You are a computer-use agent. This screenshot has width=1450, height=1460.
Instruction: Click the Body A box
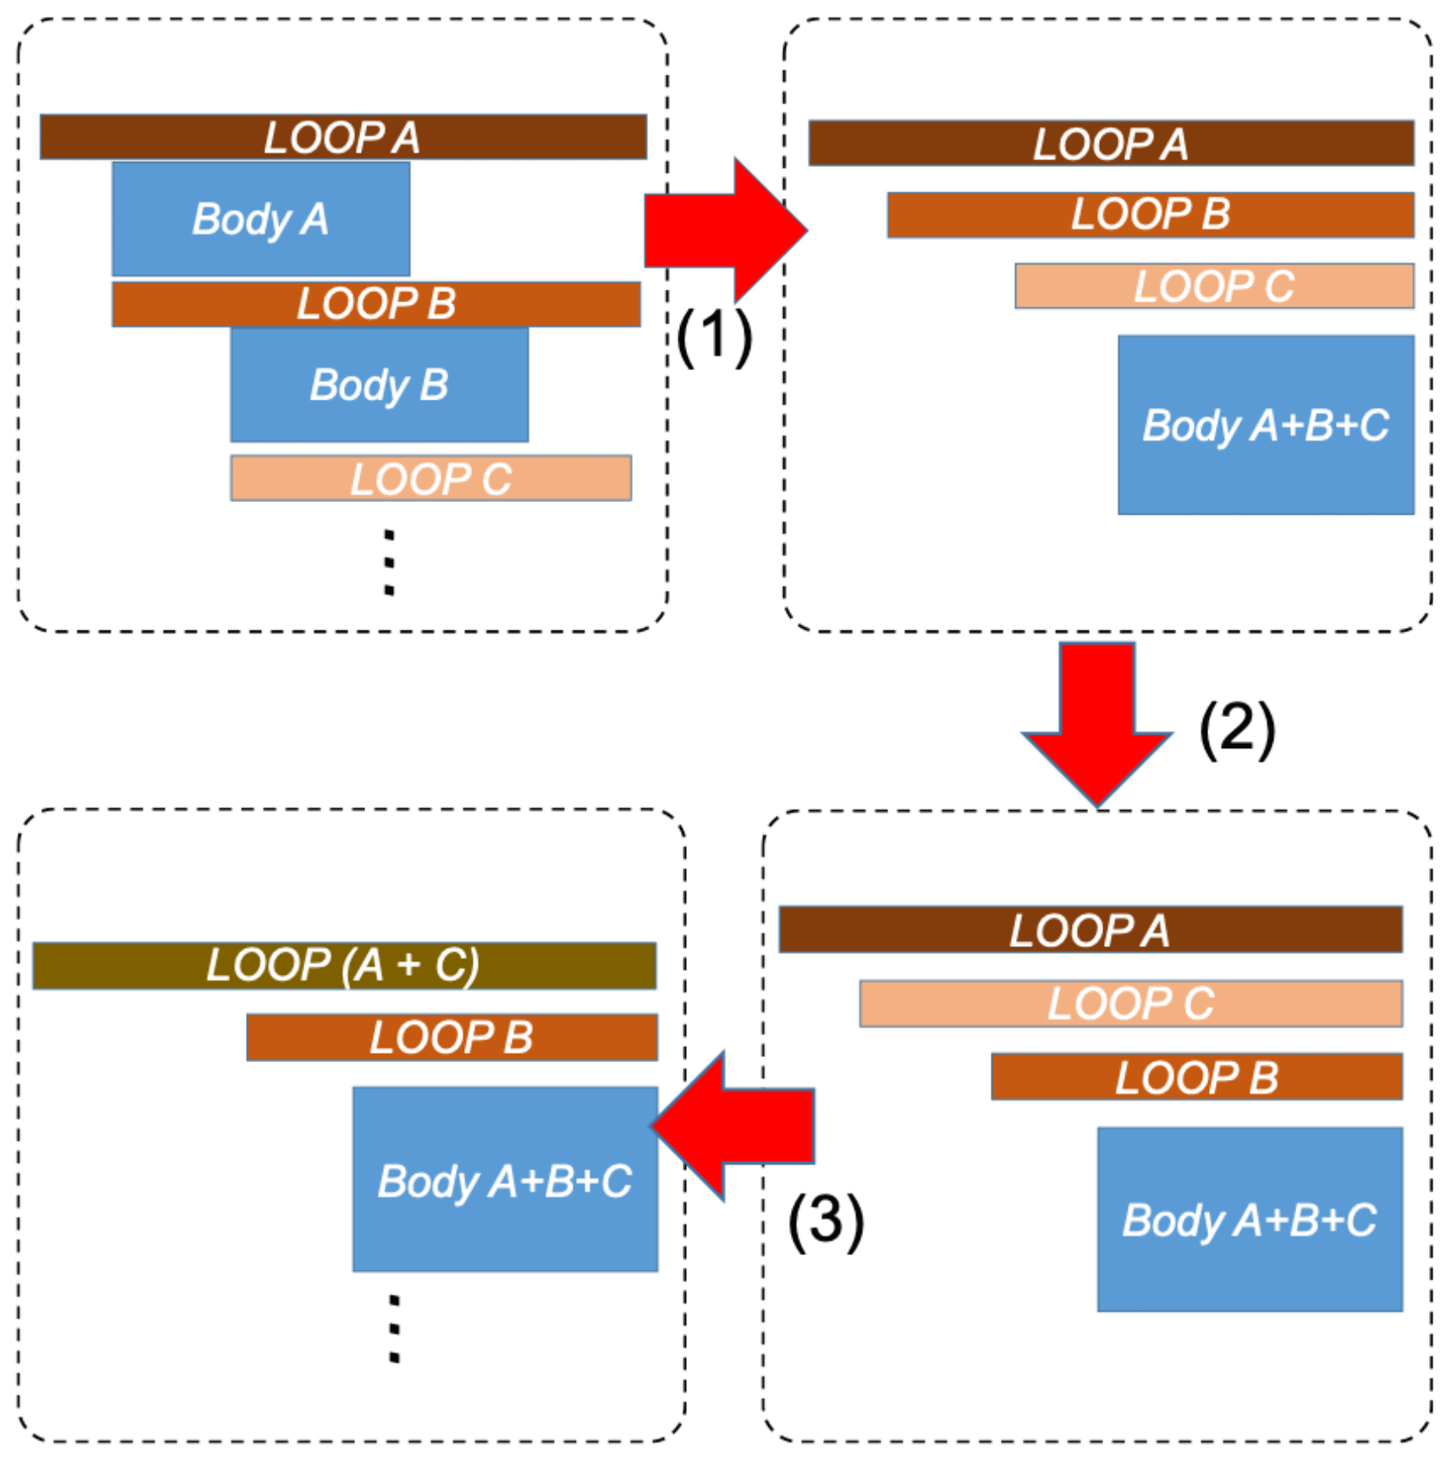260,218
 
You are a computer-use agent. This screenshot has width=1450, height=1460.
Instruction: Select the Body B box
379,384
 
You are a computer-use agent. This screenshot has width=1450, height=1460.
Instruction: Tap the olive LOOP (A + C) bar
344,965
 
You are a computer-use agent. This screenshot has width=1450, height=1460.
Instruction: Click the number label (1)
714,336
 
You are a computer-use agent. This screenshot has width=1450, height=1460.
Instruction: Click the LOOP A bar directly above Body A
343,137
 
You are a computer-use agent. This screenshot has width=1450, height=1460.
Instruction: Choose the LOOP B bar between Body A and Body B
376,303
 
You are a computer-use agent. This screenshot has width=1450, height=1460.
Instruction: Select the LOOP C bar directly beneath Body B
431,479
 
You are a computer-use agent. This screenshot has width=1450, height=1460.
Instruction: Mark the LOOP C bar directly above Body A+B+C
1213,285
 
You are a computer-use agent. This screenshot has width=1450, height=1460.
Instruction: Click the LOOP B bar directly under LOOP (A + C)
452,1037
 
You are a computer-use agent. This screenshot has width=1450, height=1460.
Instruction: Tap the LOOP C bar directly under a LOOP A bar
1130,1002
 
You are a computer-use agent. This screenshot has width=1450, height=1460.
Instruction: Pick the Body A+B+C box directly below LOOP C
1265,424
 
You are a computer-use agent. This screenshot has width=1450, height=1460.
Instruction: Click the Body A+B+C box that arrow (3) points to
505,1179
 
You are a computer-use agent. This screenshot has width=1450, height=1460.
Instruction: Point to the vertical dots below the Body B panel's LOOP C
389,562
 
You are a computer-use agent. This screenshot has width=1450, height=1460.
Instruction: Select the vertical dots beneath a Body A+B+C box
394,1328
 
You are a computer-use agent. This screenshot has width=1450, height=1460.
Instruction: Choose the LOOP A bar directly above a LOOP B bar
1110,143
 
